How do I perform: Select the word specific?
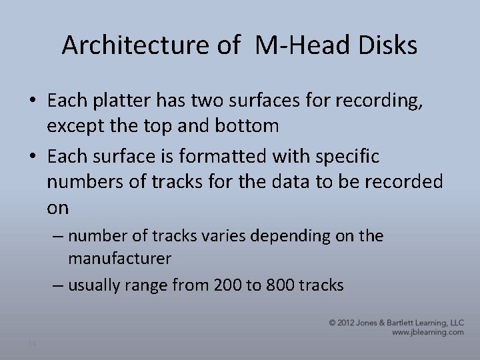350,157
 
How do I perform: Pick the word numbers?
83,183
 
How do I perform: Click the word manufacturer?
119,257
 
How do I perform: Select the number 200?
229,285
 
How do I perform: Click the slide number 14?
32,343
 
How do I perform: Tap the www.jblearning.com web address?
427,332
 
